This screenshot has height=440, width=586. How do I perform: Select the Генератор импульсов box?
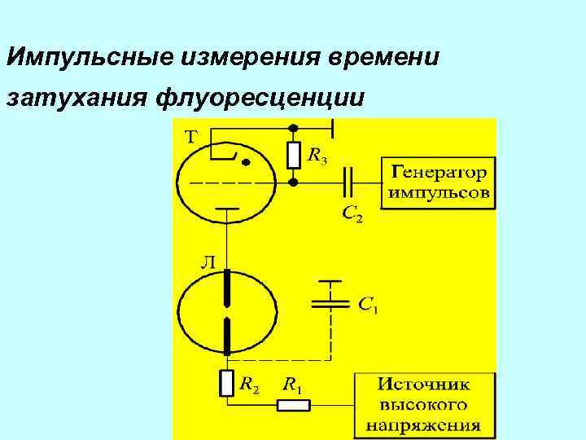pos(438,183)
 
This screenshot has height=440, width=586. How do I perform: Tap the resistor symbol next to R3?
pos(294,155)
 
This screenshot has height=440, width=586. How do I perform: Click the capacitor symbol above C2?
pos(348,183)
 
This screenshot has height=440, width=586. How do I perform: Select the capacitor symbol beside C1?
pos(330,301)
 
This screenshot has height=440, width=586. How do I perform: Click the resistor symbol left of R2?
pos(227,383)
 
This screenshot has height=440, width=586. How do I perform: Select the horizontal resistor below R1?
pos(294,405)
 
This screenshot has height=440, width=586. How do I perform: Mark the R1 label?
pos(292,384)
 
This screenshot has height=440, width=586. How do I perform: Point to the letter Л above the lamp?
pos(208,262)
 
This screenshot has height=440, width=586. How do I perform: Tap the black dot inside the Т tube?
pos(245,162)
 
